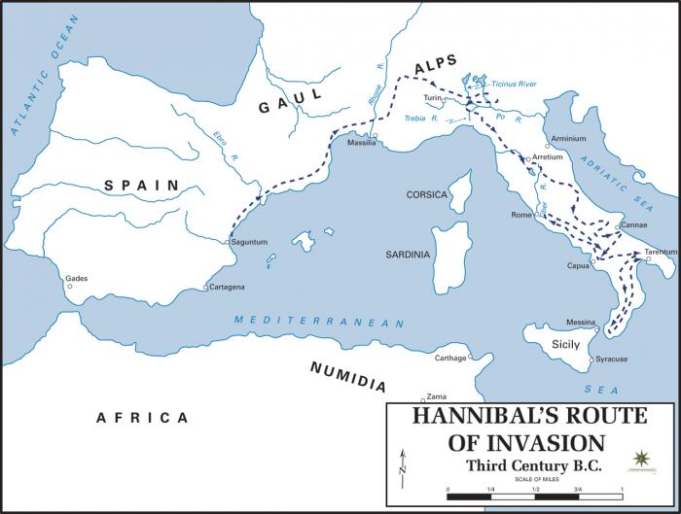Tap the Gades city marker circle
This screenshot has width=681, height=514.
[69, 287]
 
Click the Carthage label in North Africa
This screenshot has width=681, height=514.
[450, 358]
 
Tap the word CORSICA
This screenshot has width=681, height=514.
[426, 195]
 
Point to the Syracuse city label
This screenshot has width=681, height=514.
[611, 360]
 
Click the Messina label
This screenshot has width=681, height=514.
[581, 323]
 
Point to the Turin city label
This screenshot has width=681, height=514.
[433, 98]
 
